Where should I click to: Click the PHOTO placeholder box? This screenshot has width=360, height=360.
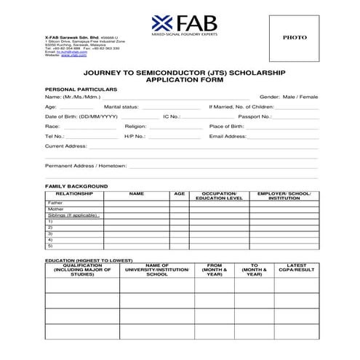coord(294,37)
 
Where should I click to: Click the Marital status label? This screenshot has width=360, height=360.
coord(121,106)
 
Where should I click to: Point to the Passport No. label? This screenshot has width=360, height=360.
coord(255,116)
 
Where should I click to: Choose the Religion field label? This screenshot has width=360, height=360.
coord(135,126)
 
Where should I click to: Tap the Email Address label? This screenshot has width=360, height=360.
coord(228,136)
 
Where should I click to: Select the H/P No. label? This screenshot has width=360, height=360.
coord(135,136)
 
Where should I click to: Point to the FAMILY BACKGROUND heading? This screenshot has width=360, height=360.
coord(76,186)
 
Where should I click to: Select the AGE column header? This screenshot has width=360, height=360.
coord(179,194)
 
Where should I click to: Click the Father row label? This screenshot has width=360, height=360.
coord(55,203)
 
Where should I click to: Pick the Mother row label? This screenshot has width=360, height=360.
coord(55,209)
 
